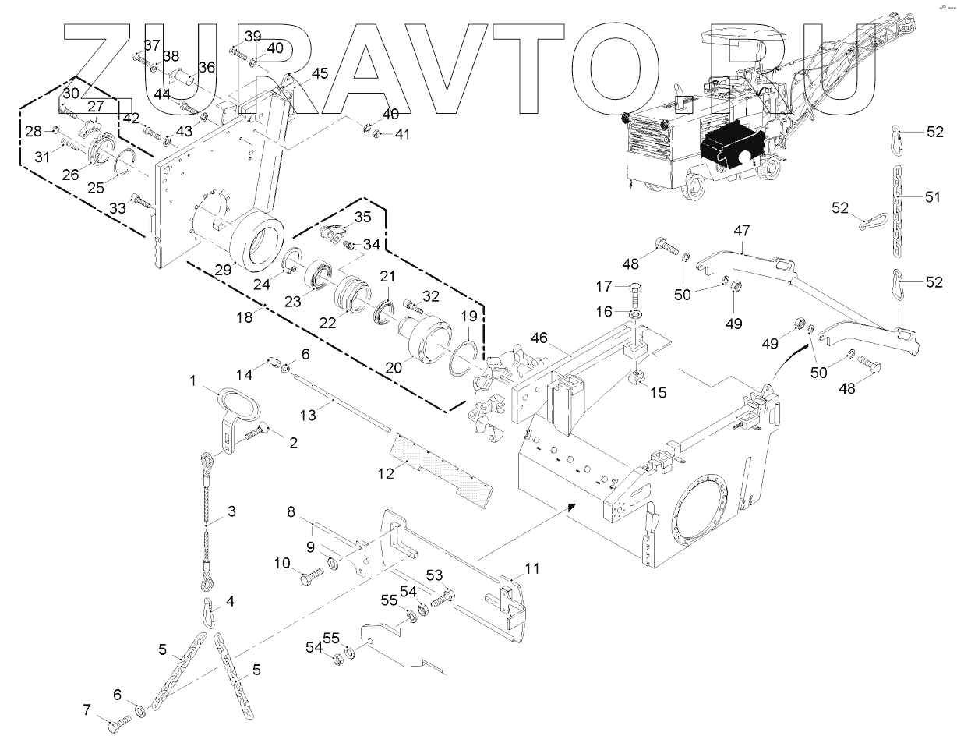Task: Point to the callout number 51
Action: (x=933, y=197)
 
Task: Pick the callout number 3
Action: (x=231, y=511)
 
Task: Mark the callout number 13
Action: (x=309, y=415)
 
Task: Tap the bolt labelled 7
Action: (x=116, y=724)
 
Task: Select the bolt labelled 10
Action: (x=310, y=578)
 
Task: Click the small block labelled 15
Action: (x=636, y=380)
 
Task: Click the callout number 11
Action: (x=531, y=568)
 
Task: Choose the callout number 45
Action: (x=320, y=74)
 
